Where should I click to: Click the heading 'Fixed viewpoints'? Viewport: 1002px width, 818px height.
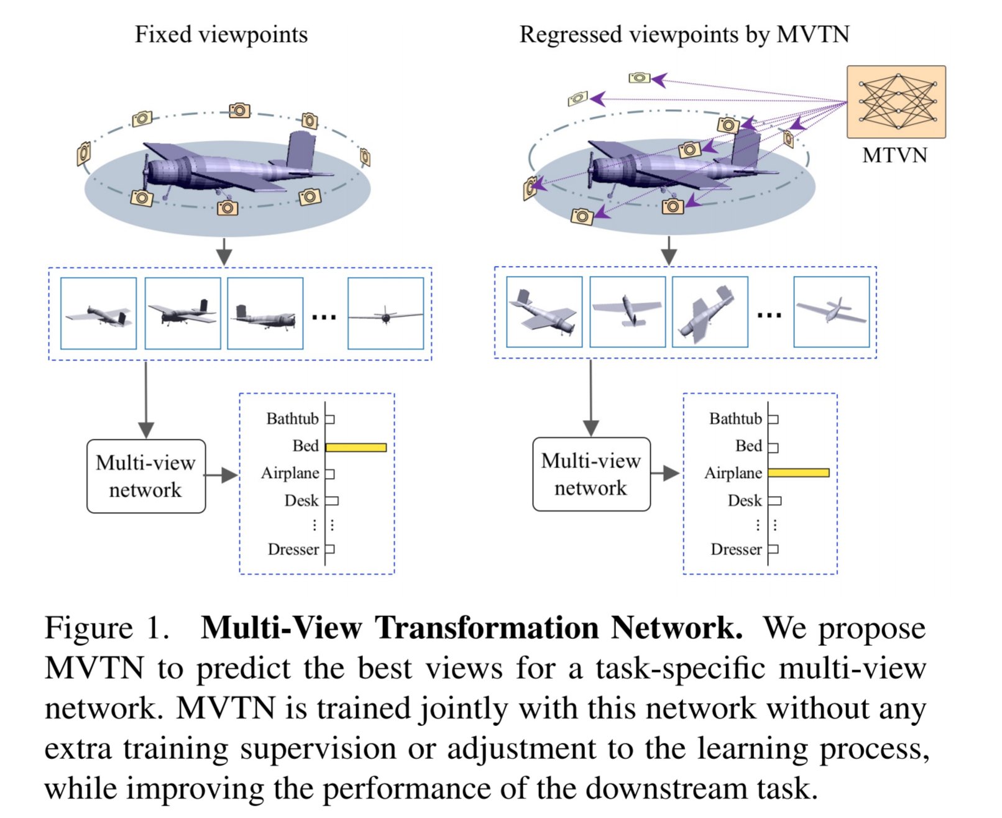point(221,35)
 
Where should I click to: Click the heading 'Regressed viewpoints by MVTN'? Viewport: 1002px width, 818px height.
point(684,35)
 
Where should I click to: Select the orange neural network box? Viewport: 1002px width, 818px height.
point(896,102)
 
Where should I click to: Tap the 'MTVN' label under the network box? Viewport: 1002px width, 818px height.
point(894,155)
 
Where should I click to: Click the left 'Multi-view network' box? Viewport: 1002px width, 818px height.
point(146,476)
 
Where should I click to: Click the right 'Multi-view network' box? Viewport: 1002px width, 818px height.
point(592,474)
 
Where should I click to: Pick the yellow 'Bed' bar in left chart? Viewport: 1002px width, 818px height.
point(356,448)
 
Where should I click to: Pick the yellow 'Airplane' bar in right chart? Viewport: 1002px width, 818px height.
point(799,472)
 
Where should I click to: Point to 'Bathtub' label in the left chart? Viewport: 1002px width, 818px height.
point(292,418)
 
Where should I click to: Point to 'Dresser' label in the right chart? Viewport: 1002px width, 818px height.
point(736,549)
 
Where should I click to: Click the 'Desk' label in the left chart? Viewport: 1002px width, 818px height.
point(301,500)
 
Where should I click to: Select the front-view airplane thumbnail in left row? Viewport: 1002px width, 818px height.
point(386,313)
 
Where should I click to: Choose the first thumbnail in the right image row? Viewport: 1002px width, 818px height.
point(544,311)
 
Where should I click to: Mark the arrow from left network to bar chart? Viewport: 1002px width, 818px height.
point(221,475)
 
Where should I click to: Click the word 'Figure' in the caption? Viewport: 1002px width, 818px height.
point(89,628)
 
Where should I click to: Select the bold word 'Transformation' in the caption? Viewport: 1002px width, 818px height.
point(487,628)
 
